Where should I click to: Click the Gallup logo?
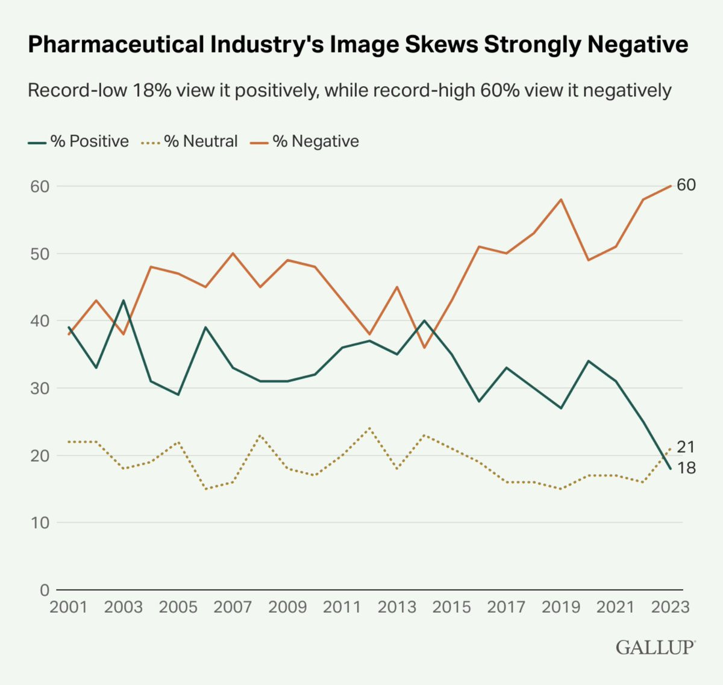(655, 648)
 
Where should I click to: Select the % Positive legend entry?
(79, 142)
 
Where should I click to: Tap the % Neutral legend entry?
(190, 142)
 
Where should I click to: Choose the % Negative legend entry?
(305, 142)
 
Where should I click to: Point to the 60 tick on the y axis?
(39, 186)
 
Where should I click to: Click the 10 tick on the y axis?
(39, 522)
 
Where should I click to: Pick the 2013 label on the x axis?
(396, 607)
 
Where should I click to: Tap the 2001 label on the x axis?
(69, 607)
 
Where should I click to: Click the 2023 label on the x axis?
(670, 607)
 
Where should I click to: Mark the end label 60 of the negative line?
(686, 185)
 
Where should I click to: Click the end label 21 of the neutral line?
(686, 447)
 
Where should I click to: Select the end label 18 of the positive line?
(686, 468)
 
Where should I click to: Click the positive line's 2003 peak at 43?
(124, 300)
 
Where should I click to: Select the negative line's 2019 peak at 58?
(561, 199)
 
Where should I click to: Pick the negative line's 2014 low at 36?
(424, 348)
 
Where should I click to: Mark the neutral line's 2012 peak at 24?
(369, 428)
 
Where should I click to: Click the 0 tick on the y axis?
(44, 590)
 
